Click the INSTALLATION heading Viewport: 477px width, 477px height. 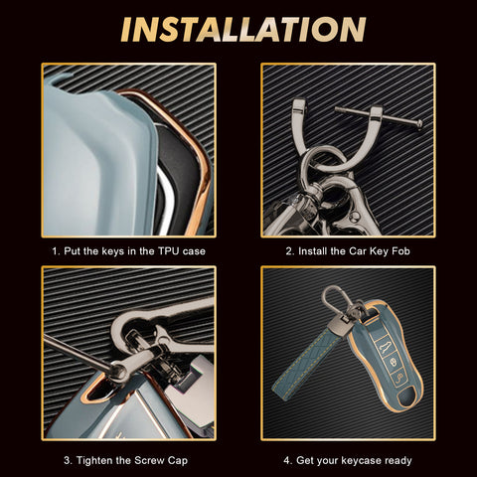pos(238,30)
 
